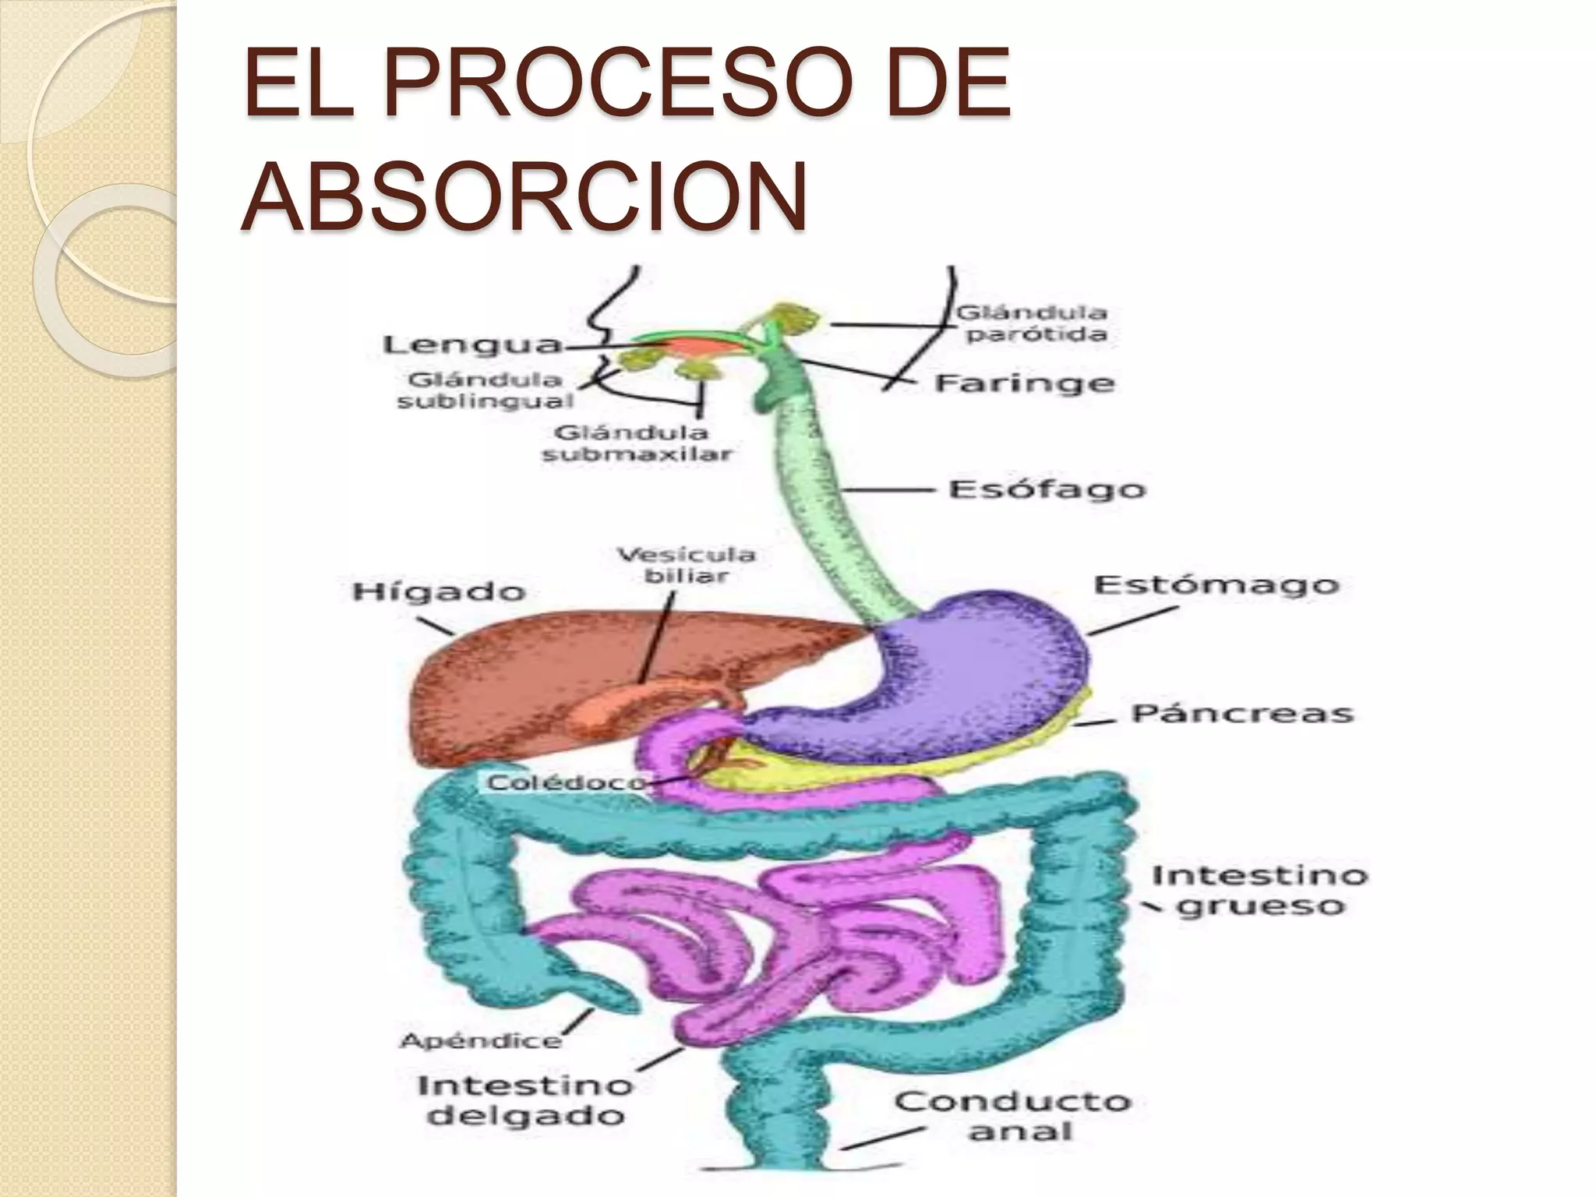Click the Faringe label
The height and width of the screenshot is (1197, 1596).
point(1024,383)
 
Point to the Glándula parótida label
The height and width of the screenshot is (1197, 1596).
point(1032,323)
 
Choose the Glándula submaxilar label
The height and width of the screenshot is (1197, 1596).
point(637,443)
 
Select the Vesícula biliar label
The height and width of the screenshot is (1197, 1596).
point(686,565)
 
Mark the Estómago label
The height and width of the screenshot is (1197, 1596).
point(1216,584)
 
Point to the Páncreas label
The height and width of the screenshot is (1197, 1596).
point(1242,712)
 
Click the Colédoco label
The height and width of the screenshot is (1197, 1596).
point(567,782)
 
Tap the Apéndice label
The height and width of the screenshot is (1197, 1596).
point(480,1040)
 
